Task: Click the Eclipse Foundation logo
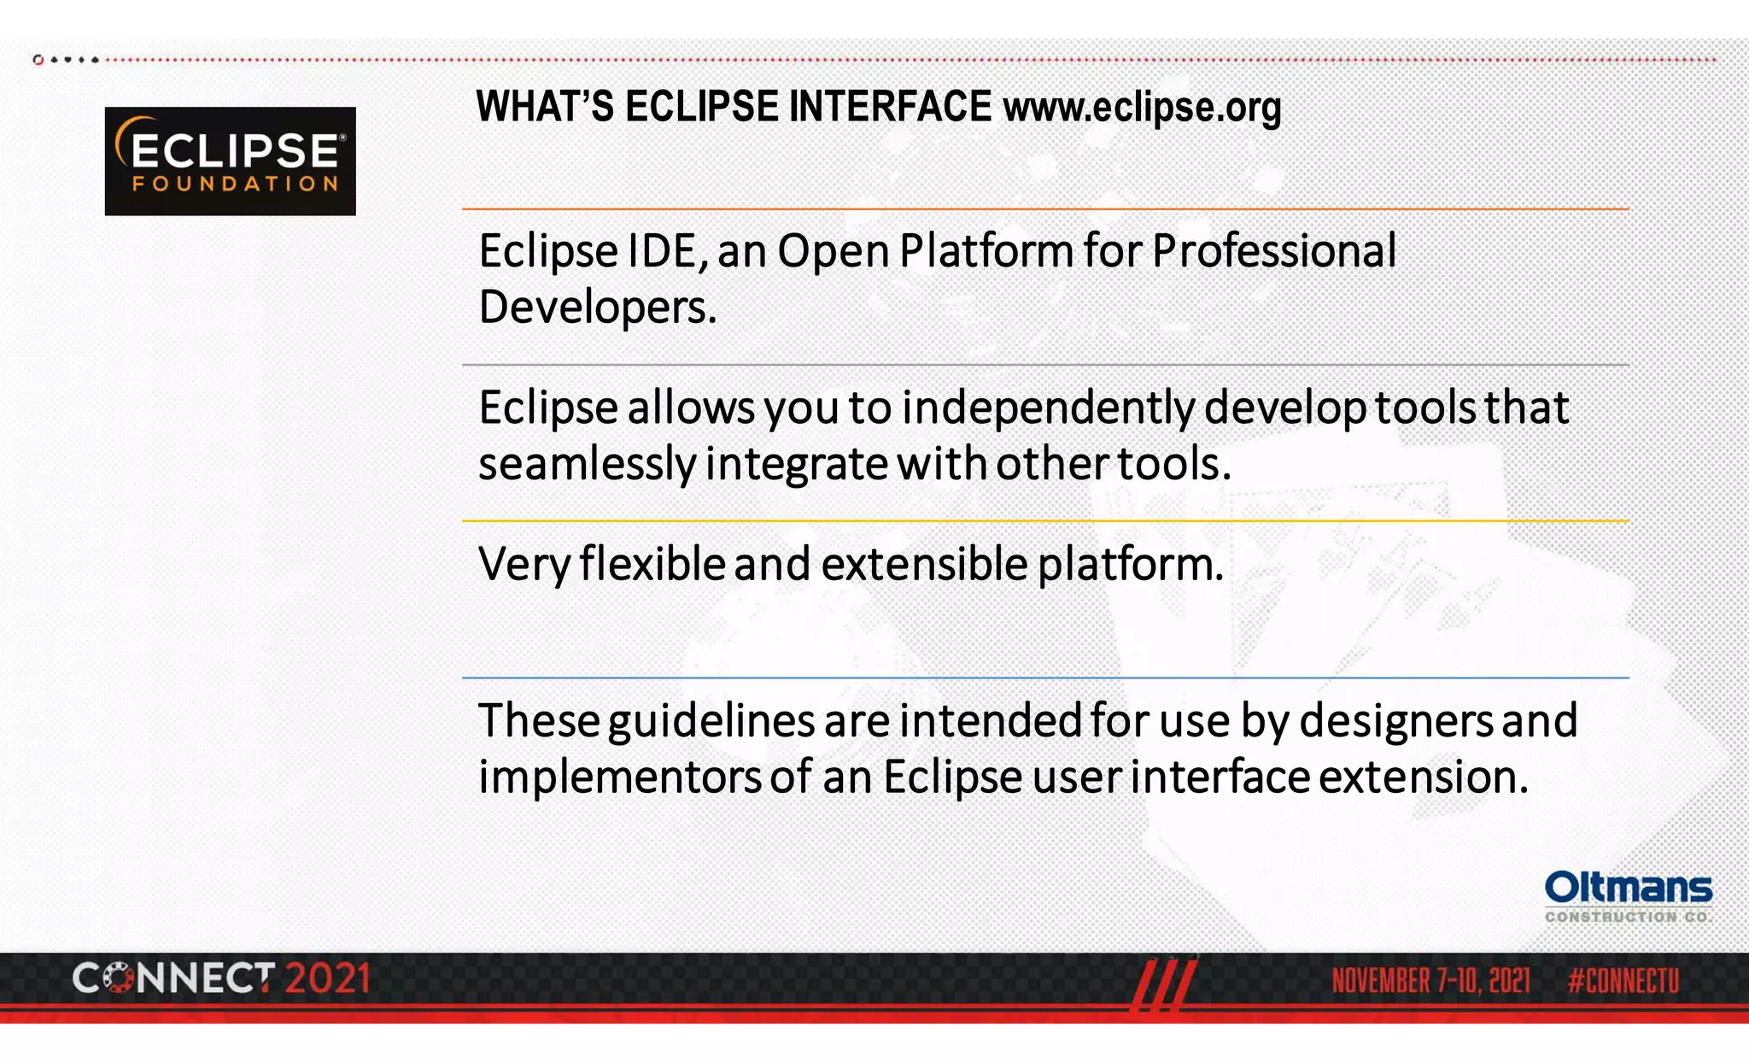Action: point(230,161)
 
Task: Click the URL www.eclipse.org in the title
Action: point(1142,108)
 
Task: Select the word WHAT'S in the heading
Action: point(544,108)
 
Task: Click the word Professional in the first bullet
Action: point(1273,252)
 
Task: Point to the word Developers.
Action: point(596,308)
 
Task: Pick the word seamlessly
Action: point(587,465)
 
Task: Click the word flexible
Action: point(652,565)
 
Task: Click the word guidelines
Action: point(711,721)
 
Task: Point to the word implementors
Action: point(619,777)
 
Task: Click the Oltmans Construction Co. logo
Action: point(1628,896)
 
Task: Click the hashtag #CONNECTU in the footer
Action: point(1623,981)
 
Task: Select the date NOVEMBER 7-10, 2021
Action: point(1430,981)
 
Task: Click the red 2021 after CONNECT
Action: point(327,979)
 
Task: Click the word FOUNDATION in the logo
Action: point(235,184)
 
